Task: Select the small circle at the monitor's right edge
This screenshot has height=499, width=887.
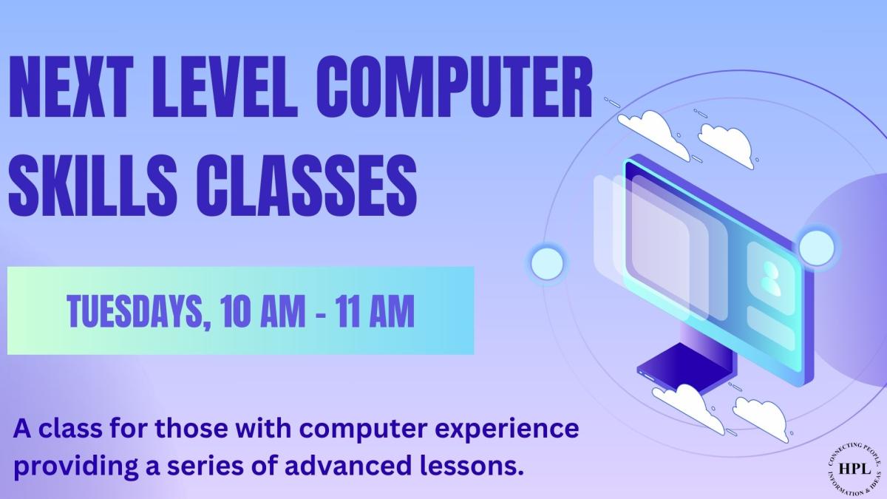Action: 815,245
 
